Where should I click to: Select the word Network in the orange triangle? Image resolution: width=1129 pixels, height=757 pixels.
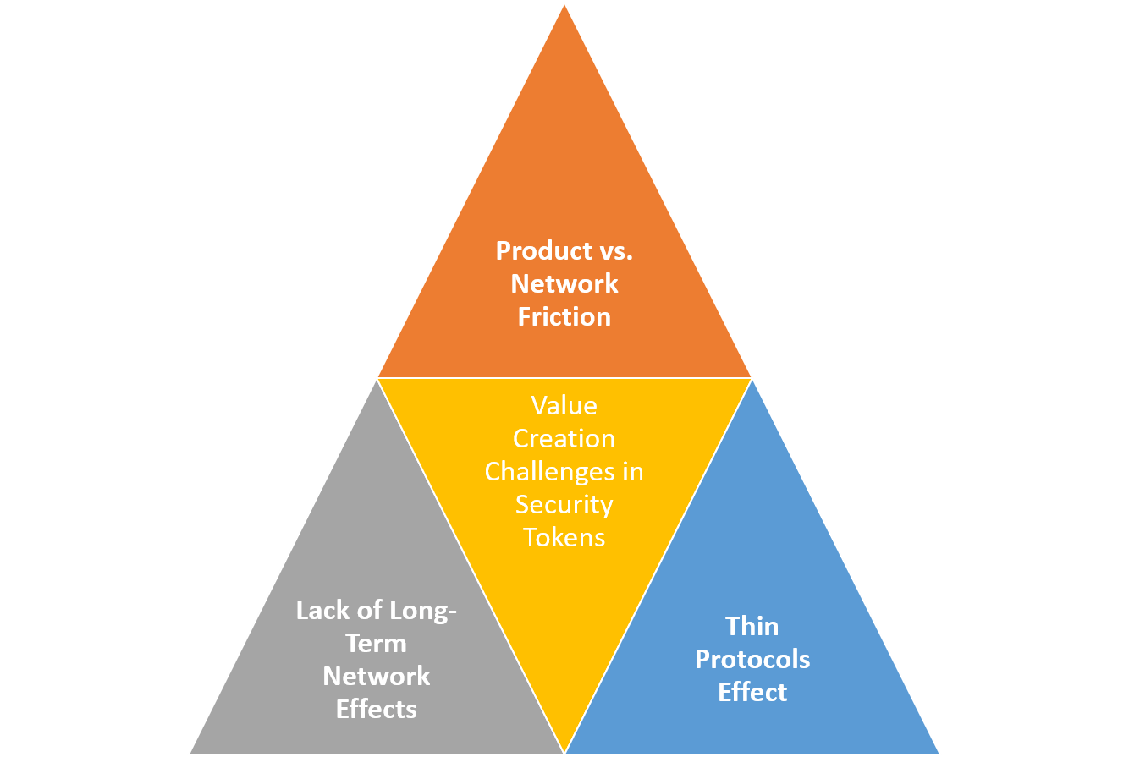coord(564,284)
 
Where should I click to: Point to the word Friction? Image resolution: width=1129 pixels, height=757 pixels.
coord(564,317)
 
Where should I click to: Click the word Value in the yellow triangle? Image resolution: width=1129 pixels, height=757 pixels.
coord(564,406)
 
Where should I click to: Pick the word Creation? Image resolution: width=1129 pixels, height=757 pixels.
coord(564,439)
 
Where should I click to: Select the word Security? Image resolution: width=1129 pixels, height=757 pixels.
coord(564,505)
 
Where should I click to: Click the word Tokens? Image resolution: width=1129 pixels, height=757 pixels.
coord(564,538)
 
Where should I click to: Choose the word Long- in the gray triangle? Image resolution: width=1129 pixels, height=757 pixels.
coord(418,611)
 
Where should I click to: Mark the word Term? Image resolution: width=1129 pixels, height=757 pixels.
coord(377,644)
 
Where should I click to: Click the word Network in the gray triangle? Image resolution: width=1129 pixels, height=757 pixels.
coord(377,677)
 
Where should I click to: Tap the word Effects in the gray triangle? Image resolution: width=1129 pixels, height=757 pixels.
coord(377,710)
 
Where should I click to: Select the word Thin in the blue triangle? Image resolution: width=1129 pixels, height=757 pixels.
coord(752,627)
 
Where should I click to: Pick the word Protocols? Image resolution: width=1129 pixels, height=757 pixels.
coord(752,660)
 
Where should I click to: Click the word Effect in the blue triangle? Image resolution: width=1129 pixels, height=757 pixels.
coord(752,693)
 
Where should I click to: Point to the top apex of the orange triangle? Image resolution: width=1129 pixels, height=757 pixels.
coord(564,3)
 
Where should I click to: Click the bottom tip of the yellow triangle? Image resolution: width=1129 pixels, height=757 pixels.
coord(564,752)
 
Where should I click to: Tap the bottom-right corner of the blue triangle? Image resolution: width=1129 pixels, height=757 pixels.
coord(939,753)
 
